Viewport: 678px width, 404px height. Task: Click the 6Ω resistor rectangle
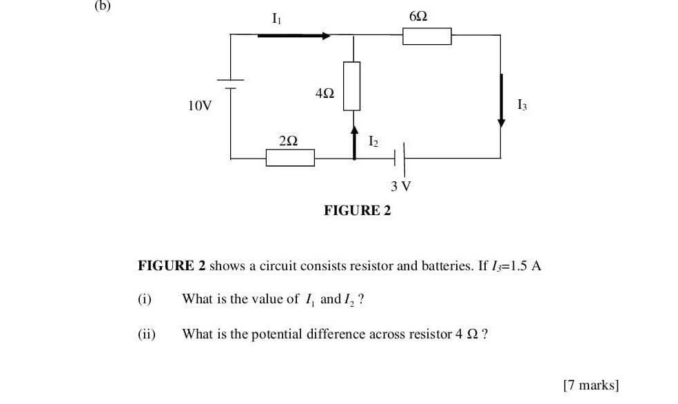427,36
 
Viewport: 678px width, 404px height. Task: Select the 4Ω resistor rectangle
352,85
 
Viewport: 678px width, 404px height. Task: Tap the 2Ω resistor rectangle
290,158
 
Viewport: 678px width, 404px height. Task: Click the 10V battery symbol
230,83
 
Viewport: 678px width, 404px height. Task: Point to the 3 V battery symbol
400,158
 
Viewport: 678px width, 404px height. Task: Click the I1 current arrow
294,35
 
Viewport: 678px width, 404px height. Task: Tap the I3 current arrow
501,100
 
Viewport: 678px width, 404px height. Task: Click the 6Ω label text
418,16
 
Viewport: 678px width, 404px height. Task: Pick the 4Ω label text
324,92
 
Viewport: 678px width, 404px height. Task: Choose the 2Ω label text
289,140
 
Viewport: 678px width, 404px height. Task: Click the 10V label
200,105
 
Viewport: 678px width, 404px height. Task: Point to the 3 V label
400,185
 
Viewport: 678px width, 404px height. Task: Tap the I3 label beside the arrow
522,105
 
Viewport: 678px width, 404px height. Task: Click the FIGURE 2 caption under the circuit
357,210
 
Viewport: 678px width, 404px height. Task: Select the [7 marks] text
590,385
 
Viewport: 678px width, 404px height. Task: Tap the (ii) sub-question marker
146,334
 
